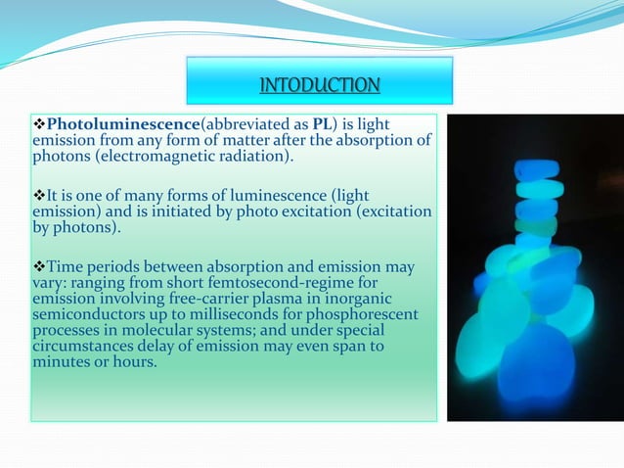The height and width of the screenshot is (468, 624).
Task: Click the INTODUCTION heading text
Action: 319,86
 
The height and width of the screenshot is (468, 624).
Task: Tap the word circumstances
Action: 81,346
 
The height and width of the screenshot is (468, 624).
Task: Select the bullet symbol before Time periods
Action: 40,266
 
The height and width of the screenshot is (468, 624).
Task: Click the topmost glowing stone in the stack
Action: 538,169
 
